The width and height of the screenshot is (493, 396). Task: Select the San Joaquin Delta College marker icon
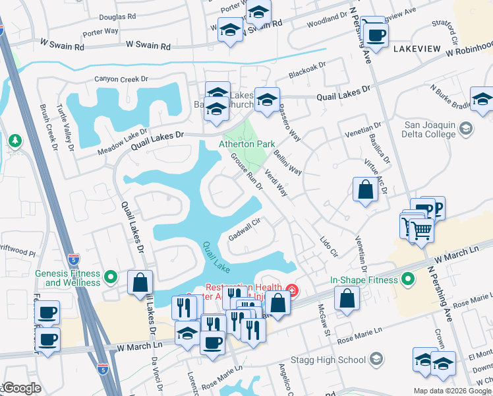[467, 127]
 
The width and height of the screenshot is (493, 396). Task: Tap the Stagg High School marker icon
[376, 360]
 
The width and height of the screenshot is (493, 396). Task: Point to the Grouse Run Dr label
[246, 172]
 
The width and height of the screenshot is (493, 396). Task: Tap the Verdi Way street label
[276, 183]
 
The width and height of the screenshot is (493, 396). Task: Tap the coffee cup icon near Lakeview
[376, 34]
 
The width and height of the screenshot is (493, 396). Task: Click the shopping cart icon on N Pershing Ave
[420, 230]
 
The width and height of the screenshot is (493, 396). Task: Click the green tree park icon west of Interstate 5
[14, 141]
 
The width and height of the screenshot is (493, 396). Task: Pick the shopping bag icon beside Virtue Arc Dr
[365, 191]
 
